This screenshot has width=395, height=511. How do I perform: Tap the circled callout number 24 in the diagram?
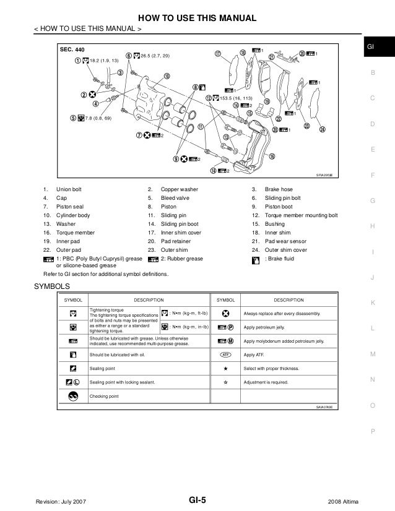pyautogui.click(x=322, y=129)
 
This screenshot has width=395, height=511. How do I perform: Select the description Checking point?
pyautogui.click(x=104, y=397)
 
